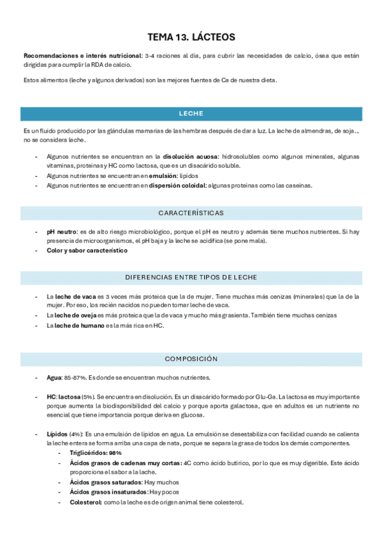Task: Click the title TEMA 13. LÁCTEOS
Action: [x=191, y=37]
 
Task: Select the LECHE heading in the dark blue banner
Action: [x=191, y=114]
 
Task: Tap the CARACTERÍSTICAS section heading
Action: [x=191, y=212]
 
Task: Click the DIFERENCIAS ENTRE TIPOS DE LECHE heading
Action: [x=191, y=278]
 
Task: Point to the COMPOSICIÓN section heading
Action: [x=191, y=359]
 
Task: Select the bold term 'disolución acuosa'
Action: [x=190, y=156]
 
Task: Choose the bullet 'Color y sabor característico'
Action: [x=87, y=250]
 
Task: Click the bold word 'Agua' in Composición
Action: [x=54, y=378]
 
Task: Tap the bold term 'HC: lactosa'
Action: [x=63, y=397]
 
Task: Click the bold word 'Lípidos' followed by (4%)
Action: [x=57, y=434]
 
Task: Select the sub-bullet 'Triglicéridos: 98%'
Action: [x=96, y=452]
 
